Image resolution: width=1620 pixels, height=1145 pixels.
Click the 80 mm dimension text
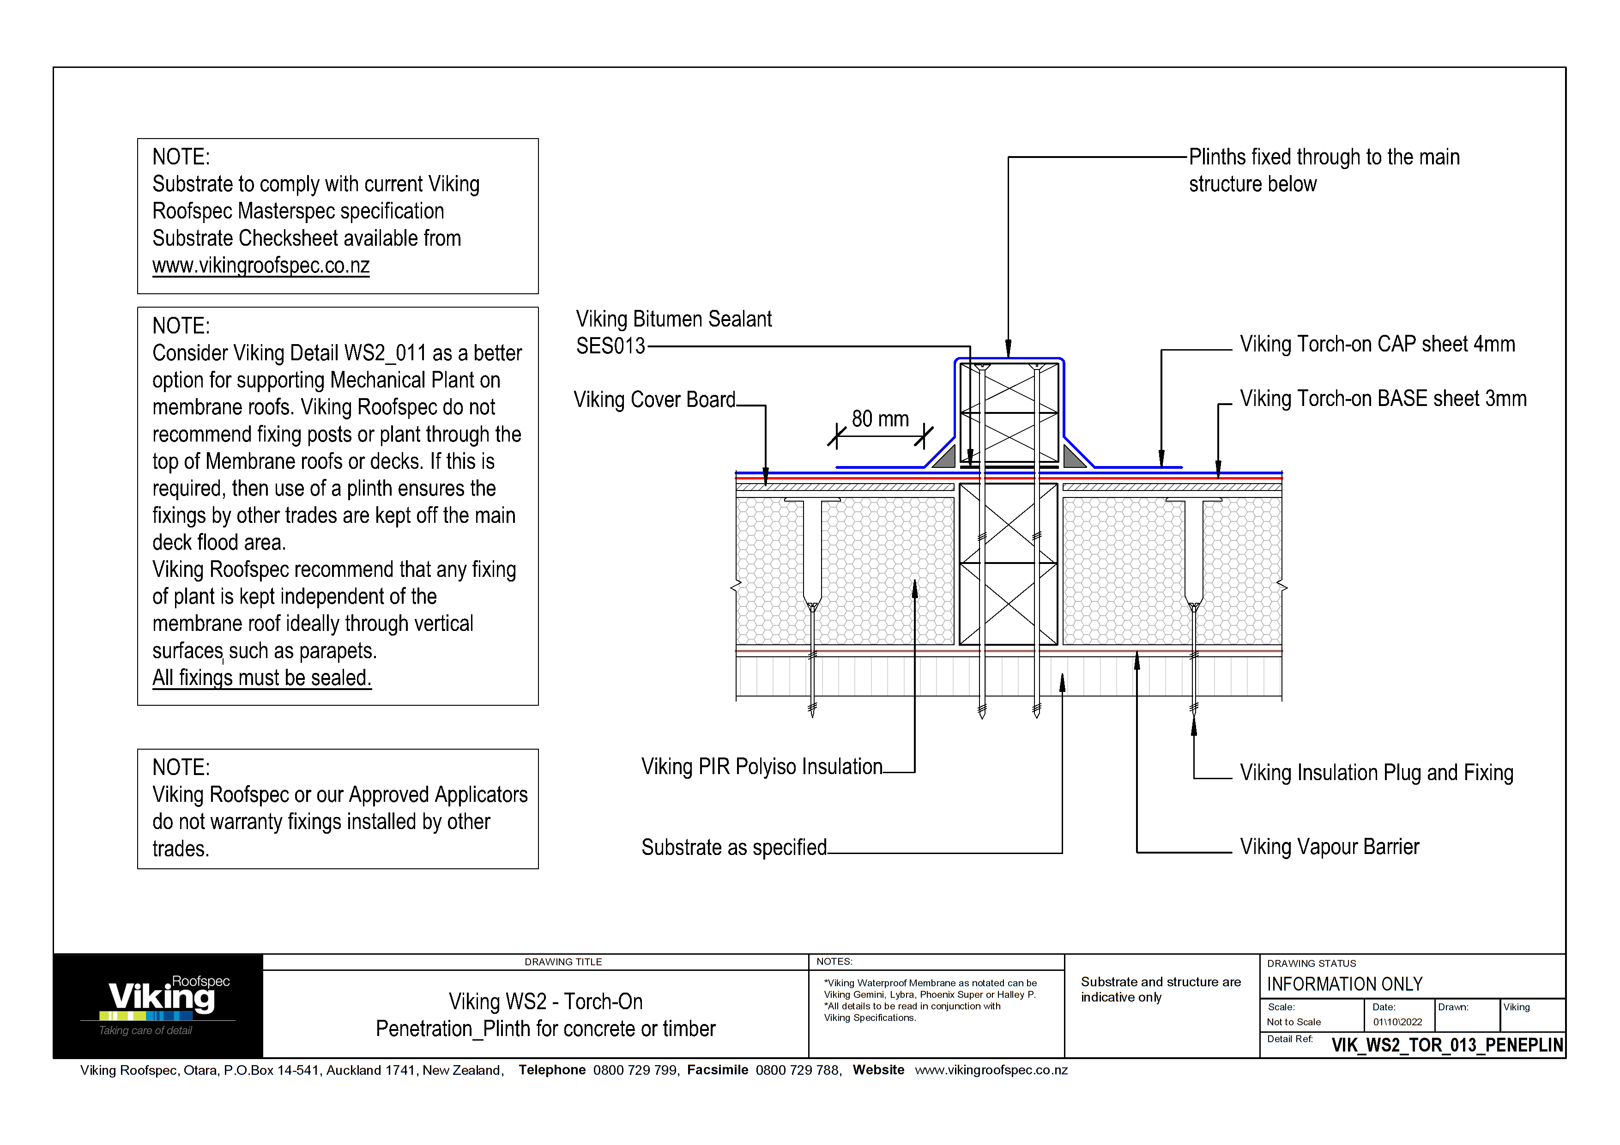point(879,419)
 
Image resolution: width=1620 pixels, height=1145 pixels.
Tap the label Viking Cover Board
point(654,400)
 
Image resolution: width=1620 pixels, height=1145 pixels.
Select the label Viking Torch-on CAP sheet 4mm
point(1377,344)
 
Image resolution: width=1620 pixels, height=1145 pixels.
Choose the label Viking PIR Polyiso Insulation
point(762,767)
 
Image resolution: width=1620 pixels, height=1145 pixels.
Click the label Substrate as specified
point(733,847)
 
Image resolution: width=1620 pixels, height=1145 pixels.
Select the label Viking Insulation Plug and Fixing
point(1376,773)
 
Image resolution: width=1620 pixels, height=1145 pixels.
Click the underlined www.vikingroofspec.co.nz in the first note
point(260,266)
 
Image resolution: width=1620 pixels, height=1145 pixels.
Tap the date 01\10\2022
point(1396,1022)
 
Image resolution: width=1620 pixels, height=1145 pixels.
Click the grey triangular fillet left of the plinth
point(945,458)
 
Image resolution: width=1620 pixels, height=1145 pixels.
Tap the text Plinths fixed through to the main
point(1323,158)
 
